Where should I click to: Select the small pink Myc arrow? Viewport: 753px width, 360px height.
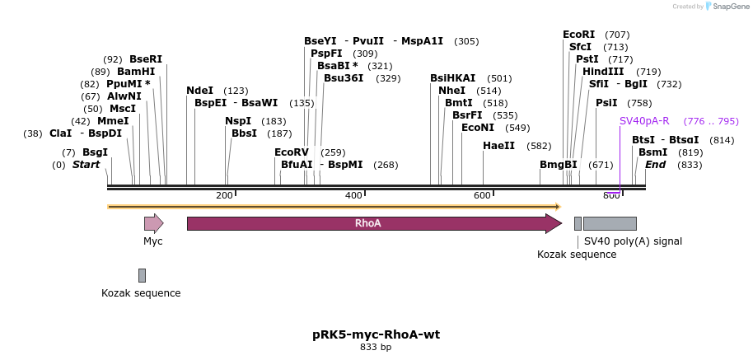tap(153, 223)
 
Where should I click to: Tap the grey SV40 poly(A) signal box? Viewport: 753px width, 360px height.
tap(610, 223)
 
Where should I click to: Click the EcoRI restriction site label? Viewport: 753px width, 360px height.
tap(578, 35)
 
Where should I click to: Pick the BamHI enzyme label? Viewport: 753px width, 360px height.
tap(136, 72)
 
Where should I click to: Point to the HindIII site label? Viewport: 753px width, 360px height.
tap(603, 72)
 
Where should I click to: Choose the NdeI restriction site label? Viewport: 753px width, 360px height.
tap(199, 91)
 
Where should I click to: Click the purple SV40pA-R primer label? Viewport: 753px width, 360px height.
tap(644, 121)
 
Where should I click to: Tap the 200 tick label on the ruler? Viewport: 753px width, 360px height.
tap(224, 195)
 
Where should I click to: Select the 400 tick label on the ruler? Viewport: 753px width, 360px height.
tap(353, 195)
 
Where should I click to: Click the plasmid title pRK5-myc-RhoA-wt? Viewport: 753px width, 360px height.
tap(376, 334)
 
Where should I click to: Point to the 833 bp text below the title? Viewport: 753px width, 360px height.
tap(376, 348)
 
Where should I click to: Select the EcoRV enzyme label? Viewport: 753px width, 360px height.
tap(292, 152)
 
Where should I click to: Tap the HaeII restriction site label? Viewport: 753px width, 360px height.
tap(498, 146)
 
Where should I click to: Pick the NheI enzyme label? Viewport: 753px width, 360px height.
tap(451, 91)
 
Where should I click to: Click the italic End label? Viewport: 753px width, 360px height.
tap(655, 165)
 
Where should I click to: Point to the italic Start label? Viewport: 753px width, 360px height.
tap(86, 165)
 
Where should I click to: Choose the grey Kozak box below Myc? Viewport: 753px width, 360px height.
tap(142, 275)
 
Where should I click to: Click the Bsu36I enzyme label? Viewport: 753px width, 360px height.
tap(344, 78)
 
